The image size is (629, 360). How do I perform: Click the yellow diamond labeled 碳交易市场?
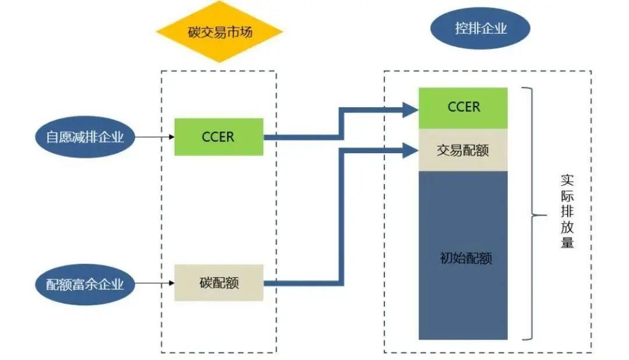pos(220,32)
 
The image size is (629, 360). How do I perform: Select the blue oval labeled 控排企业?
pos(480,28)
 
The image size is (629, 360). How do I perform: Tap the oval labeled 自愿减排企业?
pos(85,137)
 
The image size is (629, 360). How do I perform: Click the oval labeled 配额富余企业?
pos(85,284)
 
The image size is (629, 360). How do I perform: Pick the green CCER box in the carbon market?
pos(218,137)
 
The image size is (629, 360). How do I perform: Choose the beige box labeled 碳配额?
pos(218,283)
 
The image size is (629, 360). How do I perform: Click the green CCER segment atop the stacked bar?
pos(463,107)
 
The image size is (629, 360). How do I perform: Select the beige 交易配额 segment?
pos(463,150)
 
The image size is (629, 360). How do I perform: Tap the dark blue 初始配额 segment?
pos(463,255)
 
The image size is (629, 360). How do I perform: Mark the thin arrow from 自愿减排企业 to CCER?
pos(154,137)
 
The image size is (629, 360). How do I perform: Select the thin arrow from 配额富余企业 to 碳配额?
pos(154,284)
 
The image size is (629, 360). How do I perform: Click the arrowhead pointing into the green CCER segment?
pos(411,108)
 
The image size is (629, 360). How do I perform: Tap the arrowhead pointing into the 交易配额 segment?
pos(411,150)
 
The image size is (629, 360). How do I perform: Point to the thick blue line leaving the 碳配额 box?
pos(303,284)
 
